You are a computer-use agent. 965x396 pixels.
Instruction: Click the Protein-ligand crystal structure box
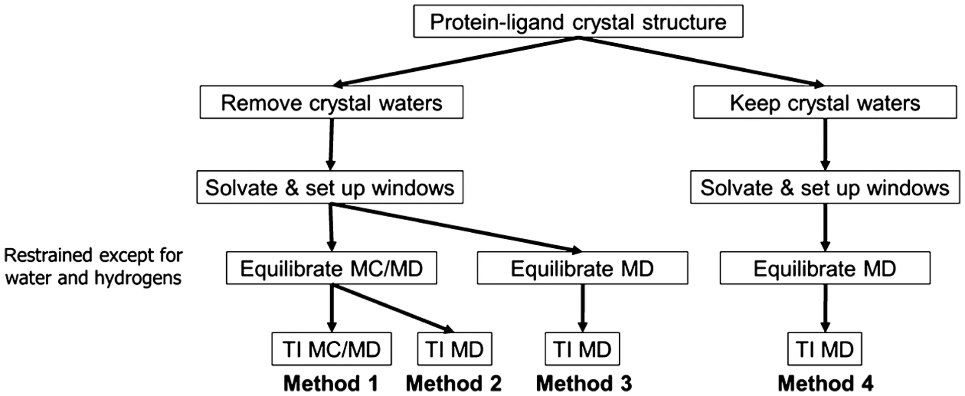tap(578, 22)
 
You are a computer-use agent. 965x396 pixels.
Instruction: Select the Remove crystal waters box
tap(331, 103)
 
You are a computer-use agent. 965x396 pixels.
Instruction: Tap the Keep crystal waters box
tap(825, 103)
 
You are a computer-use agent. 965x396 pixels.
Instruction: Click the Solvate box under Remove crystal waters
tap(330, 187)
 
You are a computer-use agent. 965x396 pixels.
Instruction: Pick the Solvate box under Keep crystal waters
tap(825, 187)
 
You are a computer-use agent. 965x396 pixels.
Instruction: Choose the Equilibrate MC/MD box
tap(331, 268)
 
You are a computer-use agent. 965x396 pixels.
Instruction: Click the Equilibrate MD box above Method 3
tap(582, 268)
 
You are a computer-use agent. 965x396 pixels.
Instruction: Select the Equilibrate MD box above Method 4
tap(825, 268)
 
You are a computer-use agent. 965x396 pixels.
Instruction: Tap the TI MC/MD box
tap(331, 349)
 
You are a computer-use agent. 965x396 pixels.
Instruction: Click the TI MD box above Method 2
tap(454, 349)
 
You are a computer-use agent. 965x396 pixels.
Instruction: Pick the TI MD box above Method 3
tap(582, 349)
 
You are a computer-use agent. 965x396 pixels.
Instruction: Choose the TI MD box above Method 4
tap(825, 349)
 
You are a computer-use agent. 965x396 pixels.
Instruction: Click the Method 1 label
tap(330, 383)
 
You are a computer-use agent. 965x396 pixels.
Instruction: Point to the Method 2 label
tap(453, 383)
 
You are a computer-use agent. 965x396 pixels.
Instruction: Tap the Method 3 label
tap(584, 383)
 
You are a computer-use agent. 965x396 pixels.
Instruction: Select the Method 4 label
tap(825, 383)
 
